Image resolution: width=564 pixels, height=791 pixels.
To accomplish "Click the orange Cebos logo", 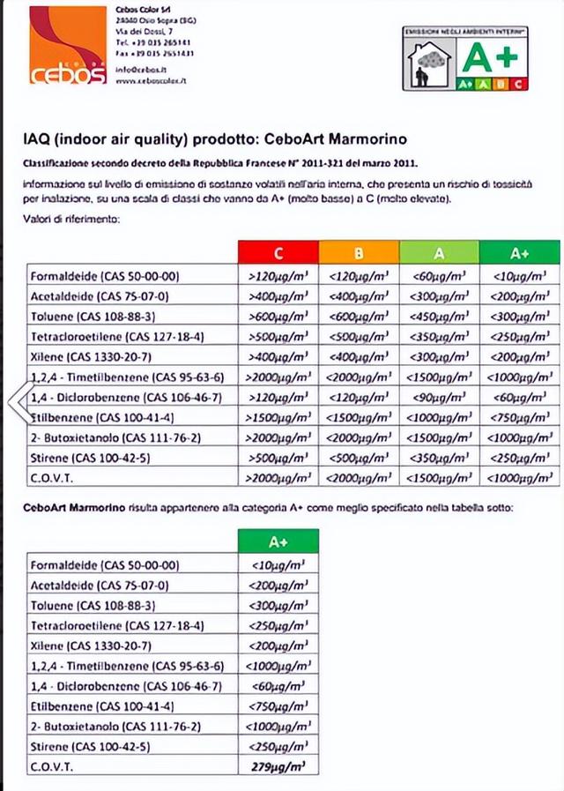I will (67, 46).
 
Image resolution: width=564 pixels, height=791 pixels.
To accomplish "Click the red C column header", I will (278, 253).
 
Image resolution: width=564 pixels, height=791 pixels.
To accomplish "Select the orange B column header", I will (359, 253).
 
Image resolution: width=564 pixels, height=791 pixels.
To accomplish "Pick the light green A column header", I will (439, 253).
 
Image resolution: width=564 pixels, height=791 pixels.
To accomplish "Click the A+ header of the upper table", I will (519, 253).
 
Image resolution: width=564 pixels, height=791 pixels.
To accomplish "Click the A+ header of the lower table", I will (278, 541).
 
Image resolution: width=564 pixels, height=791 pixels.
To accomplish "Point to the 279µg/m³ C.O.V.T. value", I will (278, 766).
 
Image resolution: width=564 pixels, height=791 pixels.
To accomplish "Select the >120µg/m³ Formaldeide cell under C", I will (278, 275).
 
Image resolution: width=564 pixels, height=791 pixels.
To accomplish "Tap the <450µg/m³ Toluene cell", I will (439, 316).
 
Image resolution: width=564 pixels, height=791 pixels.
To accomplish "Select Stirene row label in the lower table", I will (89, 746).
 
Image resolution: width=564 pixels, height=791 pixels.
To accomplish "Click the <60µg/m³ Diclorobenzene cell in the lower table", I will (278, 685).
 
